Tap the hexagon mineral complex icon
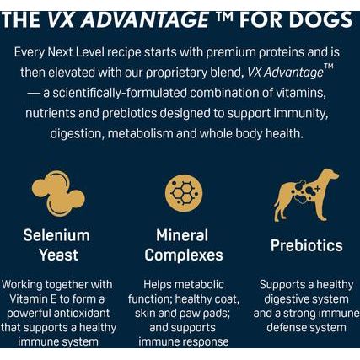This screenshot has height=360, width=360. click(x=182, y=193)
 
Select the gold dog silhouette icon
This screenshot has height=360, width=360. click(x=306, y=195)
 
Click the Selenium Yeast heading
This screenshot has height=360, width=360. click(x=57, y=244)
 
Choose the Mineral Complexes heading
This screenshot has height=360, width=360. click(x=183, y=244)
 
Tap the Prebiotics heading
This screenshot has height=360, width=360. click(x=306, y=245)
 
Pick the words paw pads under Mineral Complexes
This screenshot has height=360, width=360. click(x=215, y=312)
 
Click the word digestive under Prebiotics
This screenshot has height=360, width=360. click(x=287, y=298)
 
